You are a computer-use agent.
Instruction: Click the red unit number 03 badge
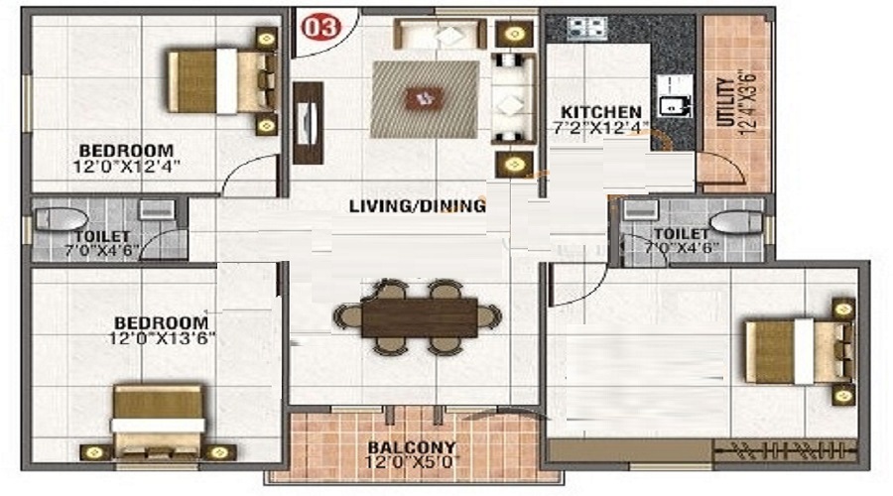coord(321,28)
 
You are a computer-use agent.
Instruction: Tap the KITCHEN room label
coord(601,112)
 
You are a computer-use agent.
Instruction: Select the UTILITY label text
coord(725,102)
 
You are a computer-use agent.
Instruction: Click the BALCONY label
coord(411,447)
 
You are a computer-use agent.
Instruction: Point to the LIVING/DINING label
coord(418,205)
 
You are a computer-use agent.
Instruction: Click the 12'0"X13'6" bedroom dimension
coord(163,338)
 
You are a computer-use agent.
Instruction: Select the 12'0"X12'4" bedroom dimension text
coord(126,167)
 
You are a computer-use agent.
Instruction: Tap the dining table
coord(420,317)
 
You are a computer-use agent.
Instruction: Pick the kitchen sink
coord(675,96)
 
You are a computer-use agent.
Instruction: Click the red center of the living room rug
coord(424,98)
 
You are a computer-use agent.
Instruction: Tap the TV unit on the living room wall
coord(309,123)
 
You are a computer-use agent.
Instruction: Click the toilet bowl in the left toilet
coord(61,218)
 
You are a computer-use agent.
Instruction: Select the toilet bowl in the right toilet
coord(736,221)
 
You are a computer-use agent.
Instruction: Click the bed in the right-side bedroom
coord(799,351)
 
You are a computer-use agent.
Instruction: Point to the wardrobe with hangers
coord(785,450)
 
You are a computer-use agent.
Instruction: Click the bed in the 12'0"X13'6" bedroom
coord(158,421)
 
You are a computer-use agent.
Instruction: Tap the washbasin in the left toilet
coord(157,209)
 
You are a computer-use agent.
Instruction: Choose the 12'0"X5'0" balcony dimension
coord(411,462)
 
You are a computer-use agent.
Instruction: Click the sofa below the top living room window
coord(440,34)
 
